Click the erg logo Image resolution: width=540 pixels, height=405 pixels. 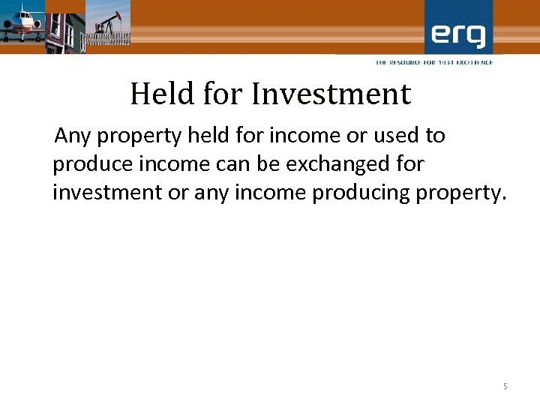[458, 34]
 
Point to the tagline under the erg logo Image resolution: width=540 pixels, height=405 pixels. [434, 62]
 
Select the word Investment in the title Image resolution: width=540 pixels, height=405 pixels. [331, 94]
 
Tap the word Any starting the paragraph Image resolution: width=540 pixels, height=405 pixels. [73, 136]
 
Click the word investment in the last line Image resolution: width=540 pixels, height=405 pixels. [107, 193]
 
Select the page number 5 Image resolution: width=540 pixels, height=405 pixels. [505, 386]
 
